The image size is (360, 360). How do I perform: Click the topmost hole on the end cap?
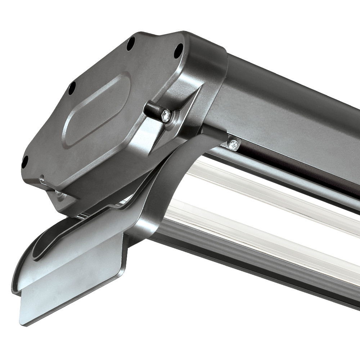point(131,43)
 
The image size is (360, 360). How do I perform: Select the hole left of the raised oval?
point(72,87)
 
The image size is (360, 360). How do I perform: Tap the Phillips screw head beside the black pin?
point(166,115)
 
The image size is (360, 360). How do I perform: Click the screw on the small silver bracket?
point(233,144)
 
